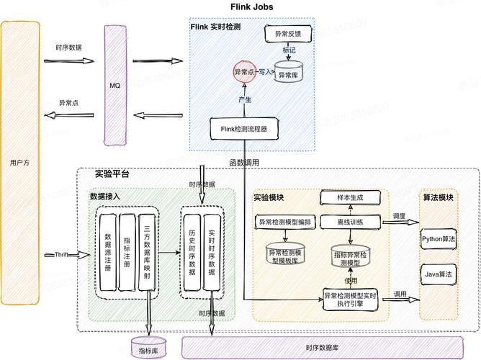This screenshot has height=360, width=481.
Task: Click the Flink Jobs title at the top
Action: tap(251, 7)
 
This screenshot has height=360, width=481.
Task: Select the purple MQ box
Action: tap(114, 86)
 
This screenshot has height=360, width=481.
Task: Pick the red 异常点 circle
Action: tap(243, 72)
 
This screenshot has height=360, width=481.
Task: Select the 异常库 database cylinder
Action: tap(288, 75)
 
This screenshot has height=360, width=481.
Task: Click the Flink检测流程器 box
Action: tap(243, 130)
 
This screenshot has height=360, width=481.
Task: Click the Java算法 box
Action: tap(439, 274)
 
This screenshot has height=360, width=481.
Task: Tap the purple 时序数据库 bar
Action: tap(321, 348)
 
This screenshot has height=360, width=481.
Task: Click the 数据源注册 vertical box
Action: tap(108, 253)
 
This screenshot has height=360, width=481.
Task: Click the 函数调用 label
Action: tap(244, 162)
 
